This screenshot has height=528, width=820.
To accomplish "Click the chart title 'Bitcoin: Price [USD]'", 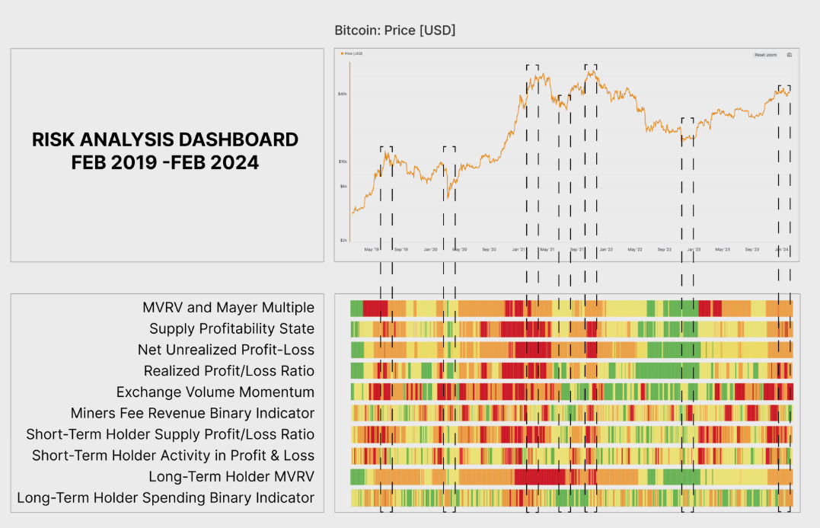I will [394, 30].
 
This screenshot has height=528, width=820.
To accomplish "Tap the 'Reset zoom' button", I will [765, 55].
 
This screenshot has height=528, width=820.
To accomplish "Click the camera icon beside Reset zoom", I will [789, 55].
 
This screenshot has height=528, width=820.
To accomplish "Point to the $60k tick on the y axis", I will [343, 94].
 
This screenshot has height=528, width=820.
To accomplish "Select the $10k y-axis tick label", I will [343, 162].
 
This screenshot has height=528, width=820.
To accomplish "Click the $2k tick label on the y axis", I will [343, 240].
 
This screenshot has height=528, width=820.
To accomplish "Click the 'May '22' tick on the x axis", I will [633, 250].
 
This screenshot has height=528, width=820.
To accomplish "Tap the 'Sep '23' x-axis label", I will [752, 250].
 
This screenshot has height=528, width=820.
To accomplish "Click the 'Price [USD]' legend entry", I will [353, 54].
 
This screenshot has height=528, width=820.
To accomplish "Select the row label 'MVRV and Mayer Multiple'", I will [228, 308].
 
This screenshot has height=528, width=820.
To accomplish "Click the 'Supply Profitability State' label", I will [231, 329].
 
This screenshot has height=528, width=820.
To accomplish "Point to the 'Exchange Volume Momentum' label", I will [215, 392].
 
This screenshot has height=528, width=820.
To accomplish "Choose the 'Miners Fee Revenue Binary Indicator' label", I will [192, 413].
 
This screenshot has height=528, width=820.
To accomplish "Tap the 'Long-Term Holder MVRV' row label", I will [231, 477].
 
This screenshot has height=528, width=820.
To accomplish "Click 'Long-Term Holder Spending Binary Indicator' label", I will [165, 498].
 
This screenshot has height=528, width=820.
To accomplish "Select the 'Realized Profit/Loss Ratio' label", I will [228, 371].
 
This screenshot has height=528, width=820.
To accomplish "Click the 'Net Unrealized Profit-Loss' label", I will [225, 350].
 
